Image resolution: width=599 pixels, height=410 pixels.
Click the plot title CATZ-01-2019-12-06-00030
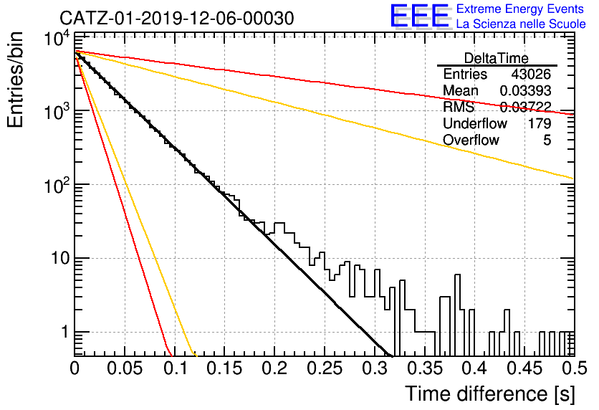pyautogui.click(x=177, y=18)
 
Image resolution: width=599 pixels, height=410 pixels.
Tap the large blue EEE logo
pyautogui.click(x=420, y=16)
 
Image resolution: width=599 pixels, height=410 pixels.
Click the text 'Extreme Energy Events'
pyautogui.click(x=520, y=9)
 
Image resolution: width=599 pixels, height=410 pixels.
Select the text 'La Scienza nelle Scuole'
pyautogui.click(x=521, y=24)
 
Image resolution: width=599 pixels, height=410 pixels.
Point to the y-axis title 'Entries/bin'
pyautogui.click(x=15, y=80)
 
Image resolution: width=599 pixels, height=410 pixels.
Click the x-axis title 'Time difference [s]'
pyautogui.click(x=490, y=394)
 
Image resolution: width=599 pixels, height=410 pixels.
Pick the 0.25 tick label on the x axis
pyautogui.click(x=325, y=368)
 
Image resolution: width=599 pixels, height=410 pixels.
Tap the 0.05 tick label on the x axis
pyautogui.click(x=125, y=368)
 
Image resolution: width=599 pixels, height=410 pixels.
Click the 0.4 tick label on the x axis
pyautogui.click(x=474, y=368)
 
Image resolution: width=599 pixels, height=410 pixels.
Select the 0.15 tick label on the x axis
pyautogui.click(x=225, y=368)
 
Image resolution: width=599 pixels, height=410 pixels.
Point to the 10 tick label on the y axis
pyautogui.click(x=60, y=258)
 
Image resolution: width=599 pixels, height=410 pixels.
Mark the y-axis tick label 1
pyautogui.click(x=64, y=332)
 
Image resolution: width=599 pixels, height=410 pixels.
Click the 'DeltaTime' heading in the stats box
pyautogui.click(x=497, y=59)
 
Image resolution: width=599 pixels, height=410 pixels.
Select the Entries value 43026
pyautogui.click(x=531, y=74)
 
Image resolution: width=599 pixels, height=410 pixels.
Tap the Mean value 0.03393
pyautogui.click(x=526, y=90)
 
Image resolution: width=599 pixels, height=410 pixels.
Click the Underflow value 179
pyautogui.click(x=540, y=123)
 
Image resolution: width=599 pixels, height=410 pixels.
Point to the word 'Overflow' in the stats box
pyautogui.click(x=471, y=140)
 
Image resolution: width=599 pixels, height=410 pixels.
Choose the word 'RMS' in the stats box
pyautogui.click(x=459, y=107)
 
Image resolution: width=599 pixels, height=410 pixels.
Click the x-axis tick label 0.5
pyautogui.click(x=574, y=368)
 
